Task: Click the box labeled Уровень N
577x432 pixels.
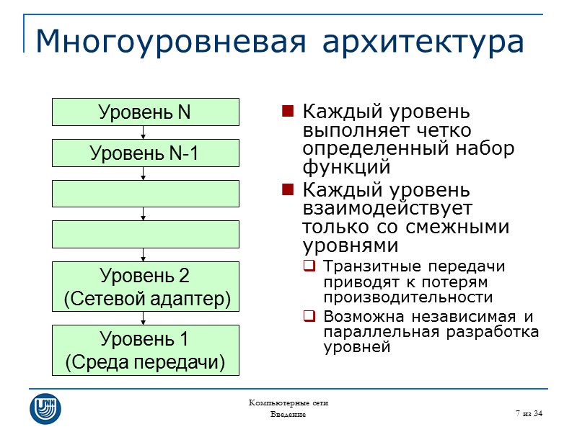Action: click(145, 112)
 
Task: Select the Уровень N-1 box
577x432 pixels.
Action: click(145, 153)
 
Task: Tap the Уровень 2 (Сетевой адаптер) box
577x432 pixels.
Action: click(145, 287)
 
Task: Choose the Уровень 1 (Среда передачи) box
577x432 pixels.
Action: click(145, 350)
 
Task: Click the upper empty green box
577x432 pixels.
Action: click(145, 193)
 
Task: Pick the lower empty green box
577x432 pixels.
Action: click(145, 234)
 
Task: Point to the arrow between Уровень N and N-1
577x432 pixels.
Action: click(144, 132)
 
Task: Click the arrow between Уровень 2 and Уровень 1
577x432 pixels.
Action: click(144, 319)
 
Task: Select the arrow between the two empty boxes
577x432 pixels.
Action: click(144, 214)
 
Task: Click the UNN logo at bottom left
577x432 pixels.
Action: click(45, 408)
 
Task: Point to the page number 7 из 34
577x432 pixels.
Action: click(529, 413)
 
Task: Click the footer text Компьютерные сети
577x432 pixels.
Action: click(288, 403)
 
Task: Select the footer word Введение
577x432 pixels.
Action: click(288, 415)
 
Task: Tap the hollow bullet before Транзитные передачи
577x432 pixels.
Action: click(309, 266)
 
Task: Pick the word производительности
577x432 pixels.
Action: click(408, 297)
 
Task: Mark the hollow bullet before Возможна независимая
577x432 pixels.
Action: click(309, 316)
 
